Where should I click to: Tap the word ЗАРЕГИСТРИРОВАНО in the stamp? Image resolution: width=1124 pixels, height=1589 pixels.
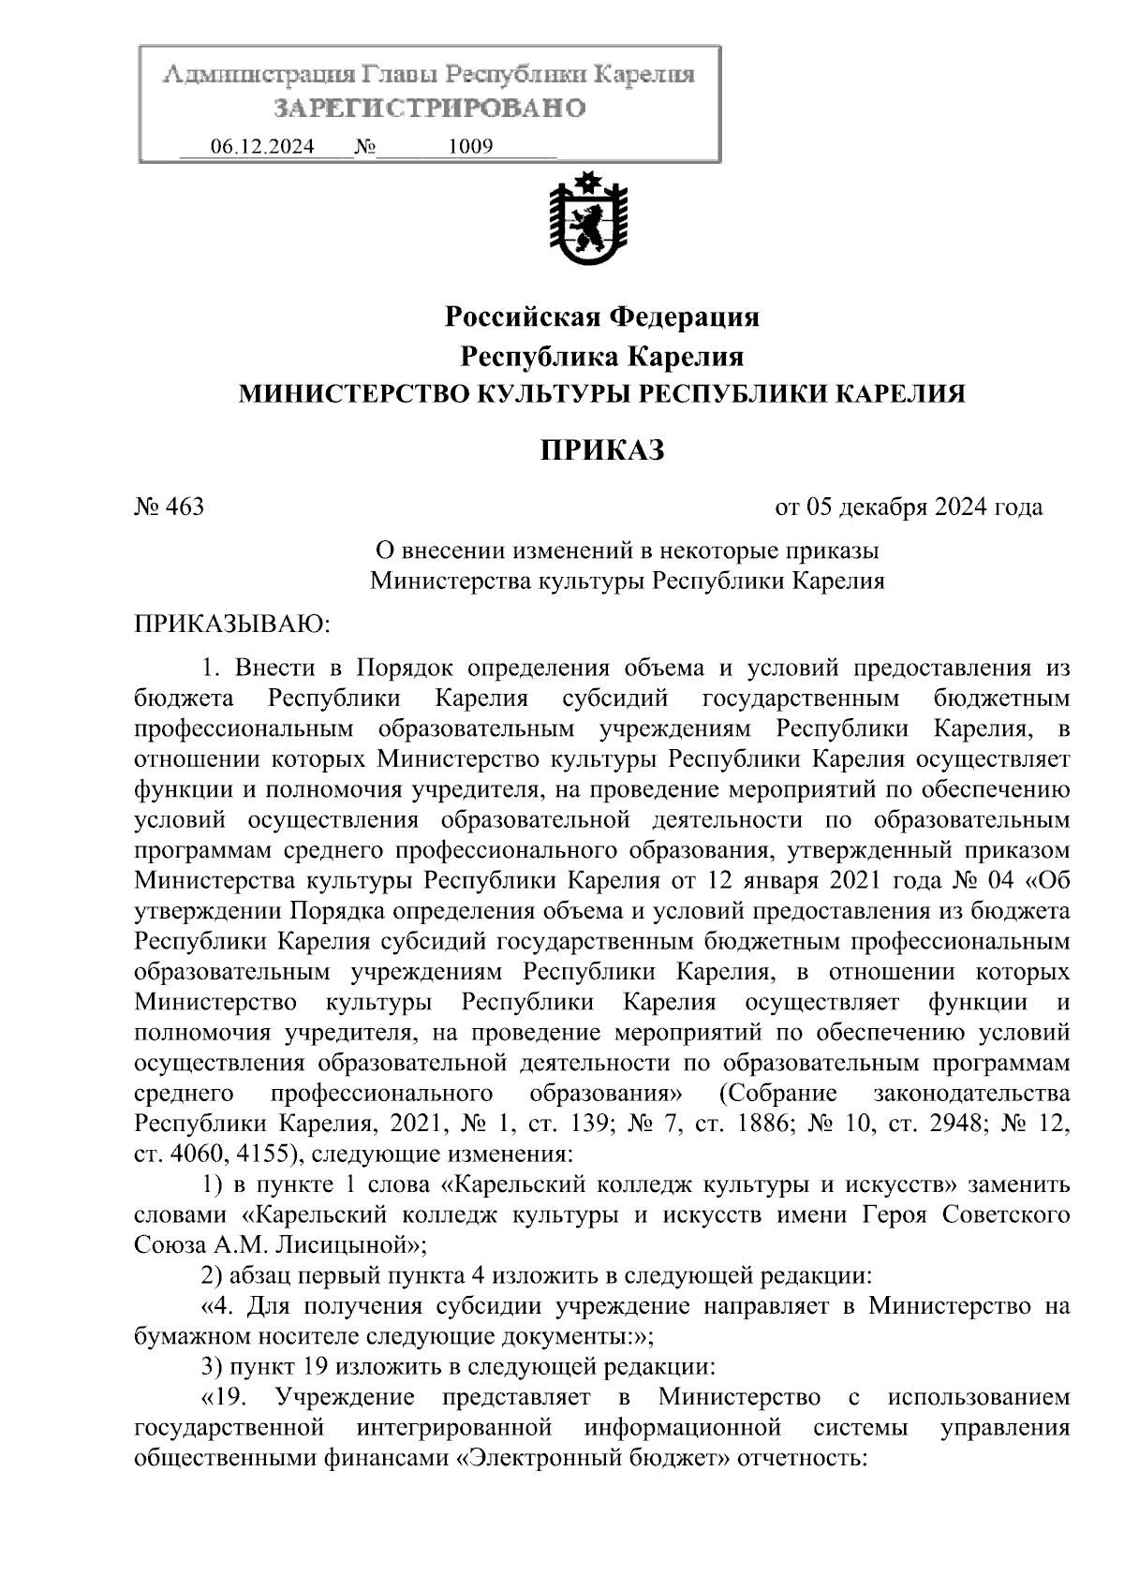pos(430,109)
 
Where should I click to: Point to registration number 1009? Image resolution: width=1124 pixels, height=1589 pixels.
pos(471,147)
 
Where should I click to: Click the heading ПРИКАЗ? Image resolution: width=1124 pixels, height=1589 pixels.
pos(601,450)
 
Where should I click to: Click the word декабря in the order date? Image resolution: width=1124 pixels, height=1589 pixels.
pos(880,508)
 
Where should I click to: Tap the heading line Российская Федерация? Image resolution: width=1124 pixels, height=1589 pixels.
pos(601,317)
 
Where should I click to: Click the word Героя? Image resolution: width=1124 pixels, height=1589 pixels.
pos(893,1215)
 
